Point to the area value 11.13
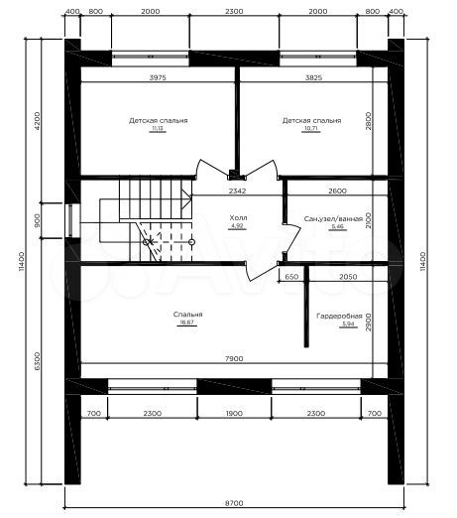click(x=158, y=129)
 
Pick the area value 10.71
click(x=311, y=129)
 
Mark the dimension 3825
click(x=312, y=76)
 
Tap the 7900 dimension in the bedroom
click(x=235, y=360)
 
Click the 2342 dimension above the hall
click(x=237, y=191)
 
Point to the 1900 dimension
click(x=234, y=412)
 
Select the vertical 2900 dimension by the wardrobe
click(x=367, y=323)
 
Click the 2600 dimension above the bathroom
click(x=336, y=191)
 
